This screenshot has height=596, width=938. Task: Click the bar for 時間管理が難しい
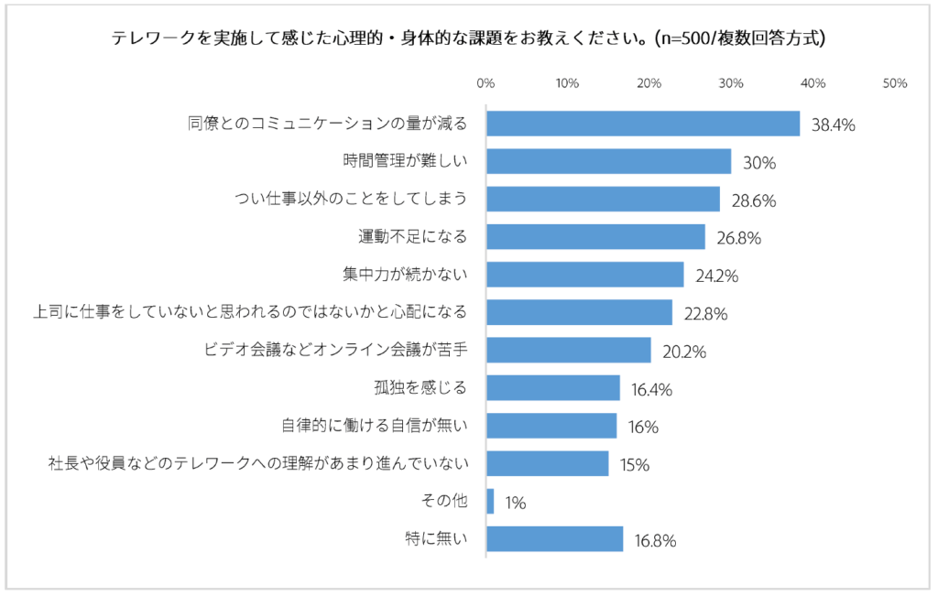click(608, 161)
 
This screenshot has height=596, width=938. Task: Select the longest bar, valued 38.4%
click(643, 124)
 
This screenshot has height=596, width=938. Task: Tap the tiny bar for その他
click(490, 502)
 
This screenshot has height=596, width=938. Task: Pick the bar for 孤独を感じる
click(552, 388)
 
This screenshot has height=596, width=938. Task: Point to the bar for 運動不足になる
click(595, 237)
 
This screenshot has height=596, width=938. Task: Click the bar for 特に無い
click(554, 539)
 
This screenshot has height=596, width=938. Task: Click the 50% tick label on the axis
click(894, 83)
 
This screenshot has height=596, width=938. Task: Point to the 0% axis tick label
click(486, 83)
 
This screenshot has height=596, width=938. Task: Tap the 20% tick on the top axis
click(649, 83)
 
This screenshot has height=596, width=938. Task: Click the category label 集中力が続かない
click(403, 274)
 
